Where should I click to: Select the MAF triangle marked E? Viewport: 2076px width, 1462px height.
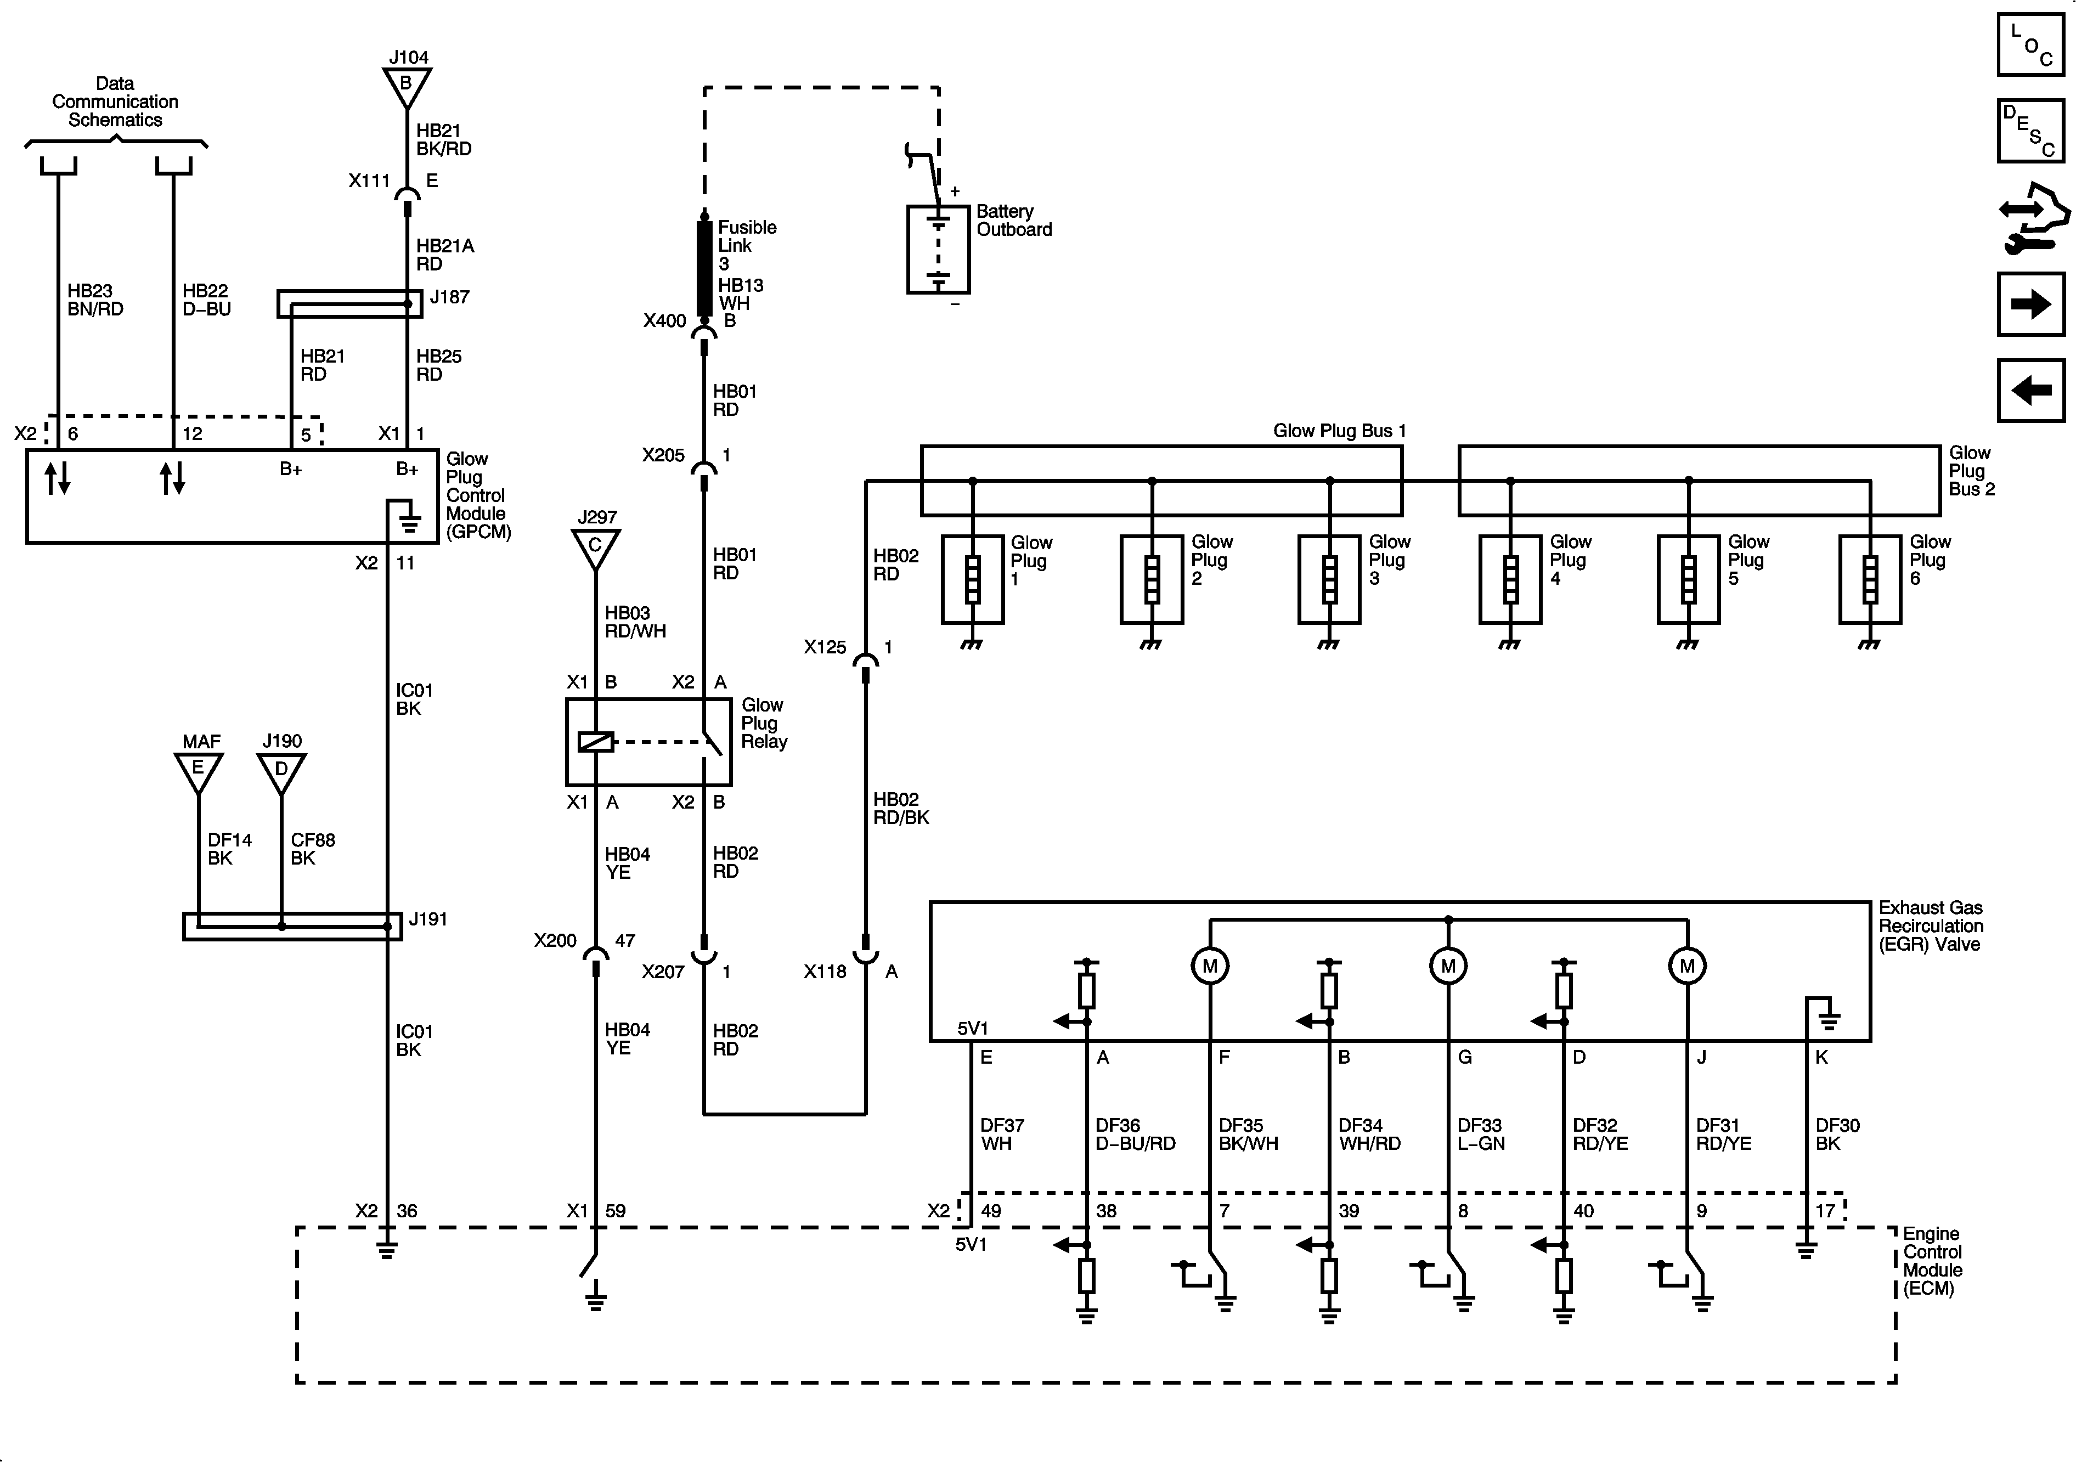tap(198, 771)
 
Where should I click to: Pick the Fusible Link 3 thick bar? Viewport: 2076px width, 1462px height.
tap(704, 268)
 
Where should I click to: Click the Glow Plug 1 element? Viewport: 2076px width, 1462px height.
tap(973, 579)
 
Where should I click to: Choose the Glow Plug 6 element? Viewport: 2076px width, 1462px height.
tap(1870, 579)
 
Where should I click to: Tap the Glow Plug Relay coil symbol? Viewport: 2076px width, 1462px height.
tap(596, 741)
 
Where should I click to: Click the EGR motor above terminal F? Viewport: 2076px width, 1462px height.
tap(1210, 966)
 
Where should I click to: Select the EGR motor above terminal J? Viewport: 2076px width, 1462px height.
tap(1686, 966)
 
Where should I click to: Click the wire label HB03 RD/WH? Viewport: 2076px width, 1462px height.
tap(635, 622)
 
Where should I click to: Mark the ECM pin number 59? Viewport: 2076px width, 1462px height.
tap(615, 1211)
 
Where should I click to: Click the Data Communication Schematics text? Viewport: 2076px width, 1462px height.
tap(115, 101)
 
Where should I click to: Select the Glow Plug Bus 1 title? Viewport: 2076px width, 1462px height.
tap(1339, 431)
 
